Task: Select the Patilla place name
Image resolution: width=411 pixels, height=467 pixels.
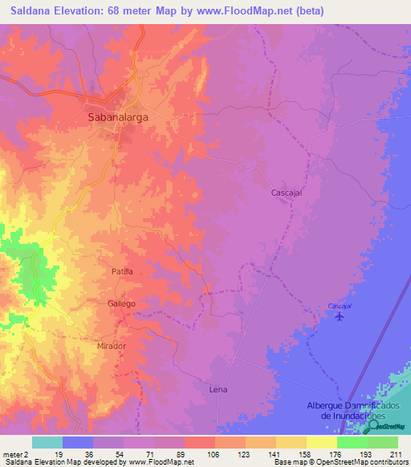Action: [122, 272]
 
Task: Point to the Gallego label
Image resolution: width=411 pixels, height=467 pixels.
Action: [121, 304]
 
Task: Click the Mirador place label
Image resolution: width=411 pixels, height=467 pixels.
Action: [112, 346]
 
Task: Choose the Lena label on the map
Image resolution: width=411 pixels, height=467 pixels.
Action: [218, 389]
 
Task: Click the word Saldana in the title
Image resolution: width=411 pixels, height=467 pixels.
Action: [31, 10]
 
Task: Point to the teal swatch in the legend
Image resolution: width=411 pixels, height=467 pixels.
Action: [47, 442]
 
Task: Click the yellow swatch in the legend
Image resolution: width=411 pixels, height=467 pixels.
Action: [321, 442]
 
